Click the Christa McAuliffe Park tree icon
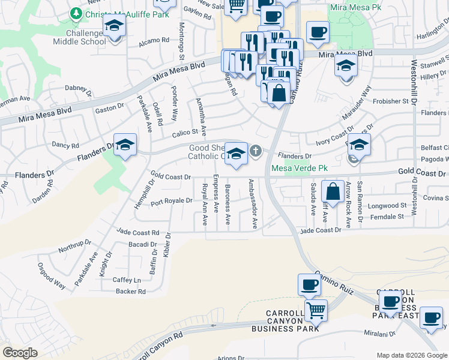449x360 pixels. click(x=76, y=13)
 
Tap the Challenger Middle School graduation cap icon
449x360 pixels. click(x=112, y=27)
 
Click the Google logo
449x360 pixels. click(x=20, y=353)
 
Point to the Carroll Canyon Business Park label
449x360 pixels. click(x=294, y=321)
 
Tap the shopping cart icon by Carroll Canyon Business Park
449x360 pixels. click(x=315, y=310)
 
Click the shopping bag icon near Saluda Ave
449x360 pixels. click(x=333, y=192)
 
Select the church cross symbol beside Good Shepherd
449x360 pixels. click(x=256, y=151)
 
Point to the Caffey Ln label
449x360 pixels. click(x=127, y=280)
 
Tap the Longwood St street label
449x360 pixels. click(x=387, y=205)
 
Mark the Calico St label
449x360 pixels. click(x=186, y=132)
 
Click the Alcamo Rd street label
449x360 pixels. click(x=154, y=41)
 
